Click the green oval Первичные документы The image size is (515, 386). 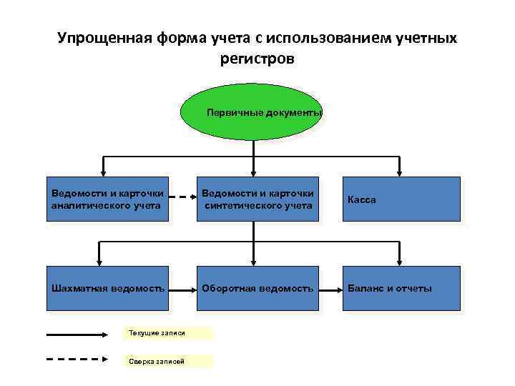coord(252,113)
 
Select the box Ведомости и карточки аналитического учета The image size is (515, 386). coord(107,199)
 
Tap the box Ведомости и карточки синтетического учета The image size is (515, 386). coord(258,199)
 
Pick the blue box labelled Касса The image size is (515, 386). coord(401,199)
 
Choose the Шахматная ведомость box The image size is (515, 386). coord(107,289)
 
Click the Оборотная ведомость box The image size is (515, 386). coord(258,289)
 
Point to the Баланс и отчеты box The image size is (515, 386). coord(401,289)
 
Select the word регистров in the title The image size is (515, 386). coord(257,59)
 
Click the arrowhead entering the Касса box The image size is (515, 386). coord(401,172)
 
